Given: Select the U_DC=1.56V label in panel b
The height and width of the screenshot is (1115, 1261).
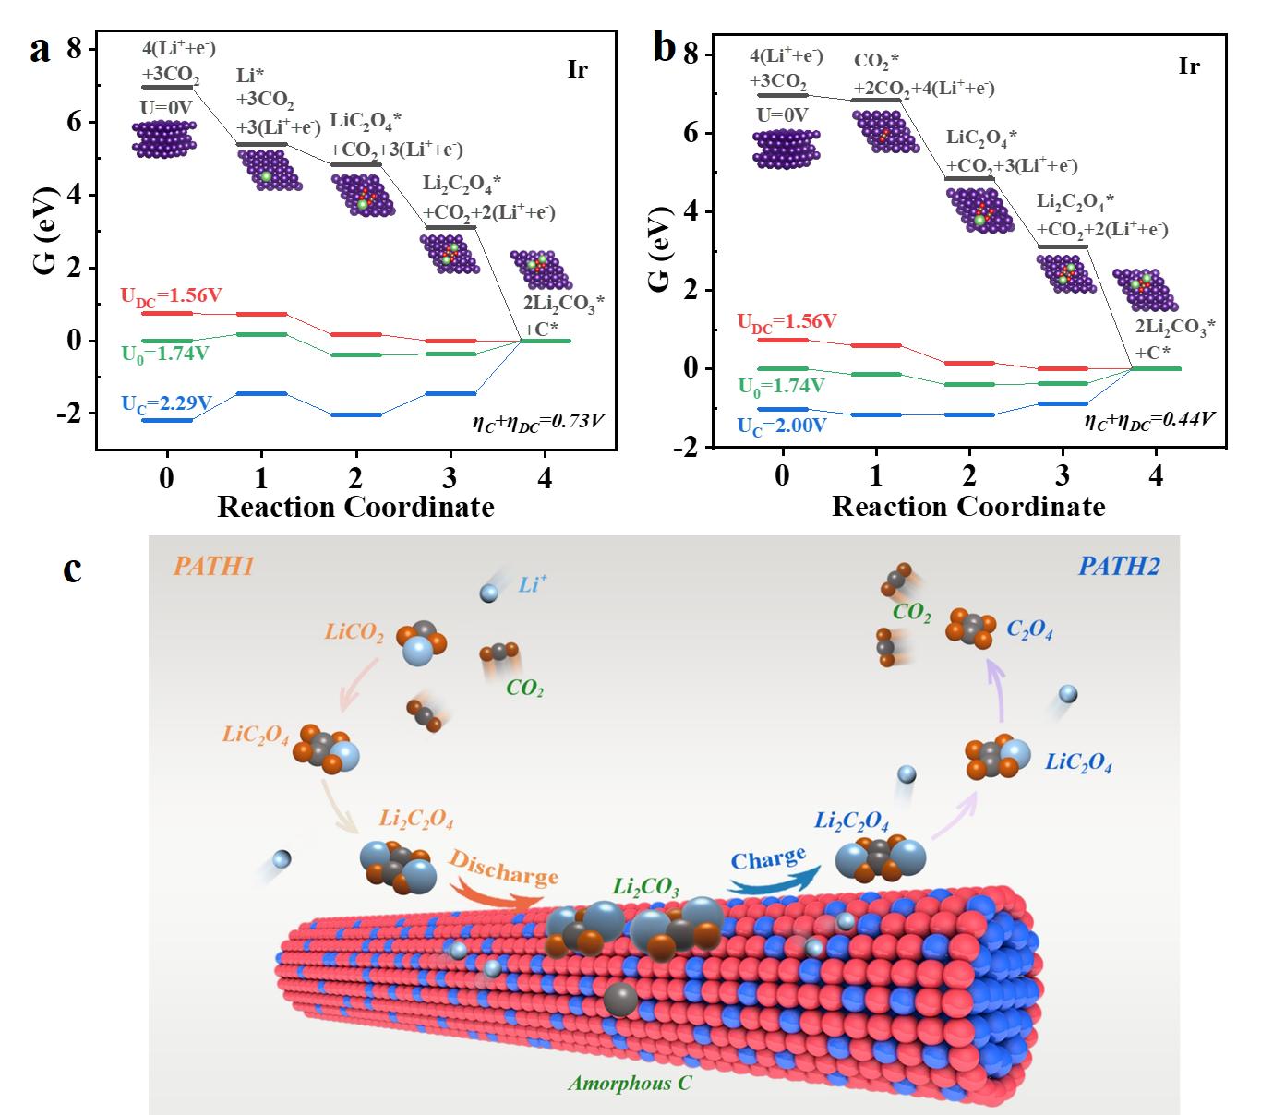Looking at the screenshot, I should click(787, 321).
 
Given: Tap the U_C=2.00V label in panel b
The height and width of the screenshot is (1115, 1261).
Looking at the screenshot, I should click(781, 426).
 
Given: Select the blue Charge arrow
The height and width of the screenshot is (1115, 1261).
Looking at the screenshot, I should click(771, 868).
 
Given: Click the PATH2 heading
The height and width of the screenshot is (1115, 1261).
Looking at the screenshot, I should click(1121, 566).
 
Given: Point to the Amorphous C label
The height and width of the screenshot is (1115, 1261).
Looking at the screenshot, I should click(630, 1083).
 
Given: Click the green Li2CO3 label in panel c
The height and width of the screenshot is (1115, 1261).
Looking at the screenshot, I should click(646, 889).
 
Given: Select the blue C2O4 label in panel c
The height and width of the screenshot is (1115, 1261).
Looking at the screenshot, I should click(1029, 631).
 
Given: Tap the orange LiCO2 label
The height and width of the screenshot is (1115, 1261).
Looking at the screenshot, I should click(354, 632).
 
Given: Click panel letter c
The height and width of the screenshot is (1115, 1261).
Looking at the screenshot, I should click(72, 569).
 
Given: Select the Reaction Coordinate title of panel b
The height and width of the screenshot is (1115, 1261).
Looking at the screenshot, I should click(968, 507).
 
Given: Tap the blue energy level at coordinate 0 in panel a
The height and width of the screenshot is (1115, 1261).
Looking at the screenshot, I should click(167, 420).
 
